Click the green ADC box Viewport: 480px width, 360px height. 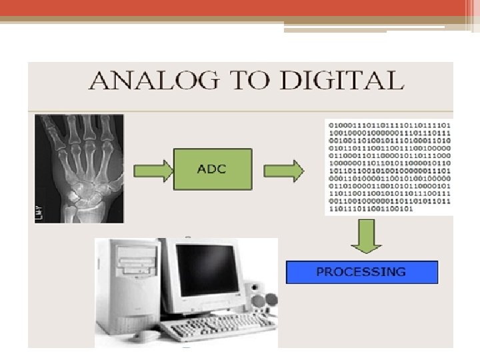click(x=212, y=169)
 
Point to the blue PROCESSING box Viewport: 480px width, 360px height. click(x=361, y=272)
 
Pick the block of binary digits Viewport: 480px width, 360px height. click(x=388, y=167)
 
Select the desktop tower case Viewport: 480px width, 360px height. click(x=128, y=287)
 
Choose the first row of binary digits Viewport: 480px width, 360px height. click(x=388, y=125)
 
